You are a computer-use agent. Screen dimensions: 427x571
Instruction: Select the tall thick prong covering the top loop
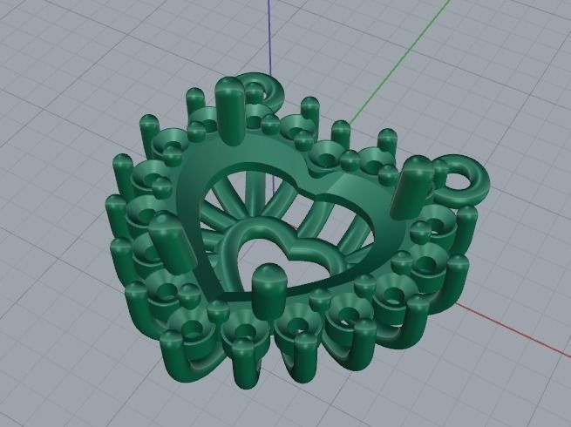click(x=232, y=109)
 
